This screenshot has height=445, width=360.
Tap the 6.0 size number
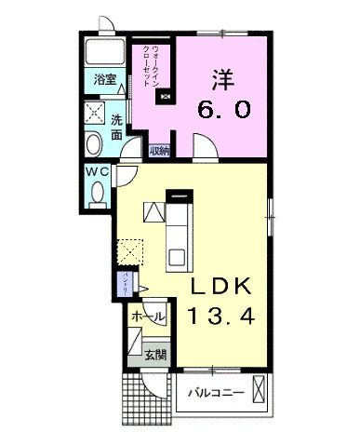[x=223, y=109]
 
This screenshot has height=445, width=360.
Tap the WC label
[x=99, y=172]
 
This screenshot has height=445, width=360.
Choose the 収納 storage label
[x=161, y=148]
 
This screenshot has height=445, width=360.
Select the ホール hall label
[x=149, y=317]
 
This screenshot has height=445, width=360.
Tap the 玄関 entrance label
[x=155, y=354]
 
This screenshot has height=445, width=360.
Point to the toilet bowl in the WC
[x=100, y=193]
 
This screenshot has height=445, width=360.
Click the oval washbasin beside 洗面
[x=94, y=143]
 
